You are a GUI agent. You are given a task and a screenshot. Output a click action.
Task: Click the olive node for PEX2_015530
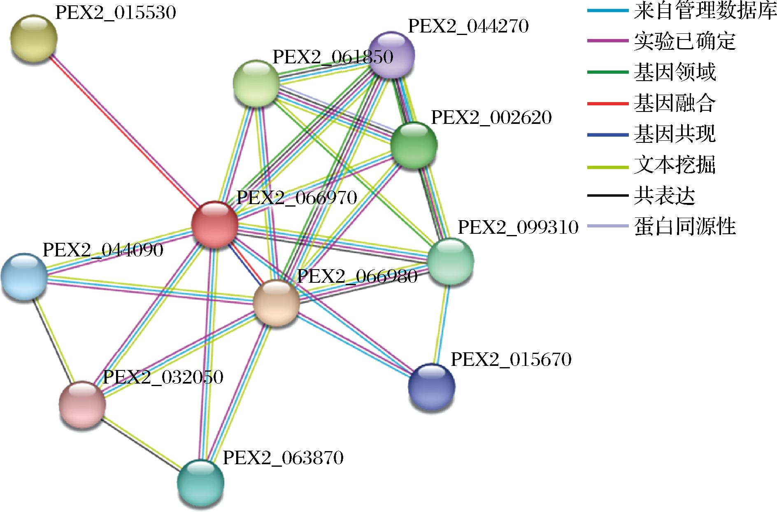(34, 38)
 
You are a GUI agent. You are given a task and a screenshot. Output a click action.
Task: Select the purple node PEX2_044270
(391, 54)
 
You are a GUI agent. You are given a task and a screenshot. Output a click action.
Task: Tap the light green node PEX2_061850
(256, 83)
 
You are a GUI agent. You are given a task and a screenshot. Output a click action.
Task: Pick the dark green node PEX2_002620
(414, 145)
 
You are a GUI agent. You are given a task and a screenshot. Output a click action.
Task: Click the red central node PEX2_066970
(215, 225)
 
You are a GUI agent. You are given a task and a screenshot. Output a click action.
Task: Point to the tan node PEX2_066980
(277, 303)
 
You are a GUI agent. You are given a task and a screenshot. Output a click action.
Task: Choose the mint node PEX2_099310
(451, 261)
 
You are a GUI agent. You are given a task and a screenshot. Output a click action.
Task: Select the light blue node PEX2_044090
(24, 277)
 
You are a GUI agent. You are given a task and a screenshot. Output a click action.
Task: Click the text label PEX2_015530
(116, 13)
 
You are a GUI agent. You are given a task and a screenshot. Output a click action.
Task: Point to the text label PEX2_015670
(511, 360)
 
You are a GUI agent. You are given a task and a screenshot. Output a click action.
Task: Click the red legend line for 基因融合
(607, 103)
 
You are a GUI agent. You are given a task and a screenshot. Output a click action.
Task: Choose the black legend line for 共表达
(607, 196)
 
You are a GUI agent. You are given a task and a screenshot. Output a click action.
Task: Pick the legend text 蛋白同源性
(685, 226)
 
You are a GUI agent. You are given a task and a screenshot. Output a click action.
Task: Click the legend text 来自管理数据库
(705, 12)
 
